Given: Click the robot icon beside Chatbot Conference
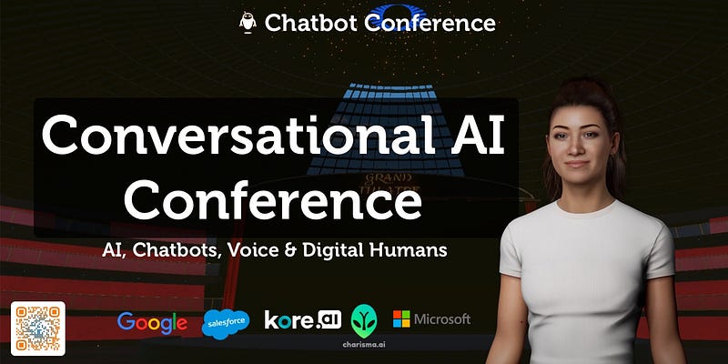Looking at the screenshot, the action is pyautogui.click(x=248, y=22).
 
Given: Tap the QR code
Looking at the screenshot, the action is pyautogui.click(x=38, y=329).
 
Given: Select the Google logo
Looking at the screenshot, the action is pyautogui.click(x=152, y=323).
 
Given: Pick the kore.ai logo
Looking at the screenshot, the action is pyautogui.click(x=303, y=319).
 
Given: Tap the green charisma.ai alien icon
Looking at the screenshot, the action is pyautogui.click(x=364, y=321).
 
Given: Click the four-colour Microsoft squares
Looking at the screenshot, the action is pyautogui.click(x=401, y=319).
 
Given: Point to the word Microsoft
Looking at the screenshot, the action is pyautogui.click(x=442, y=319).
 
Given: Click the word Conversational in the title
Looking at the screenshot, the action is pyautogui.click(x=238, y=135).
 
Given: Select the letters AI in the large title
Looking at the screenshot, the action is pyautogui.click(x=478, y=135).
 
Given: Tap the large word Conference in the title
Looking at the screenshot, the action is pyautogui.click(x=272, y=198).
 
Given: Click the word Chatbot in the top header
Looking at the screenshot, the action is pyautogui.click(x=310, y=23).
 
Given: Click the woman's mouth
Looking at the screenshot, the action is pyautogui.click(x=577, y=164).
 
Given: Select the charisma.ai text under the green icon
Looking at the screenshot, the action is pyautogui.click(x=364, y=345).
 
